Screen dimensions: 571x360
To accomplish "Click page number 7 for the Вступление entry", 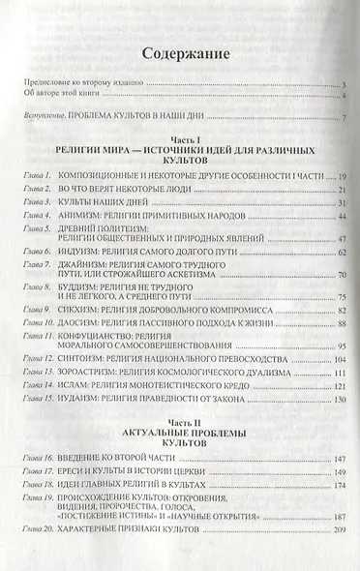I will (344, 117).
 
